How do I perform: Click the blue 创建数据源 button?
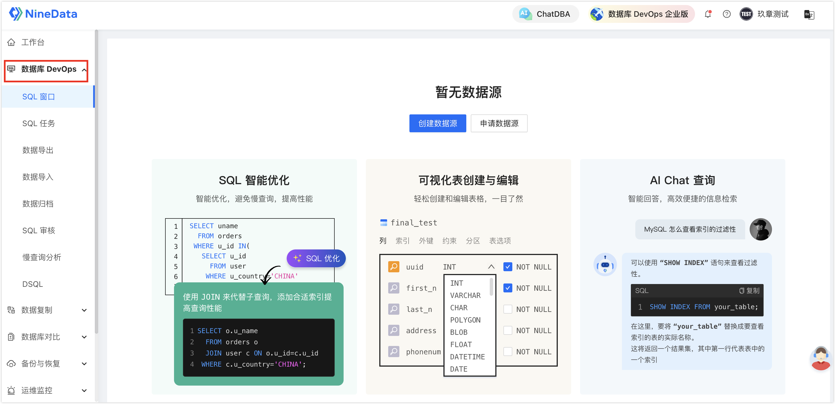438,123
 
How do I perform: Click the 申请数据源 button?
499,123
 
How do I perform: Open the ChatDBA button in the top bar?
546,14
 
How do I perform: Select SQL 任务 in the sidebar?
38,124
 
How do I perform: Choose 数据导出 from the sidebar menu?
38,150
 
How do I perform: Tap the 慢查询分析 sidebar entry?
42,258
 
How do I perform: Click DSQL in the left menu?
32,284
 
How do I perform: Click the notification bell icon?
708,14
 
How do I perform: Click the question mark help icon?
727,14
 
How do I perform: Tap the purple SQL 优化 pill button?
316,258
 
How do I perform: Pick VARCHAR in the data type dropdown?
465,295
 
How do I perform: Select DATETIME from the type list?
467,357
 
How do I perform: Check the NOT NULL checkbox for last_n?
508,309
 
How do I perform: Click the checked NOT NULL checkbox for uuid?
508,267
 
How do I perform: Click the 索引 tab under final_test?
402,241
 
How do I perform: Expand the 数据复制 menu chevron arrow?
84,310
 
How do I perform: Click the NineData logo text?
51,14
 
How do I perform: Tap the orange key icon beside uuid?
394,267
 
